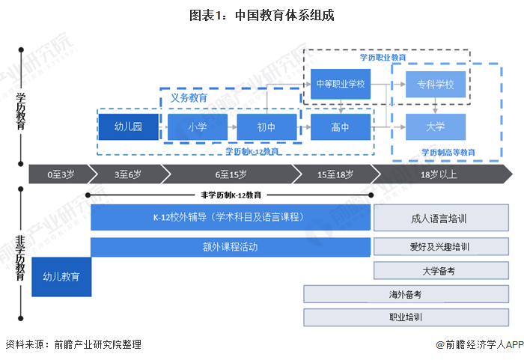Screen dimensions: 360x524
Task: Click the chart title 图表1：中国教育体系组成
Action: point(261,14)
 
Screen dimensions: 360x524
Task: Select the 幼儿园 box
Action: point(128,126)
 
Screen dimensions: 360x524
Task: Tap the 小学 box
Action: point(198,126)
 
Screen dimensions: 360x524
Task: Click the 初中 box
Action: point(266,126)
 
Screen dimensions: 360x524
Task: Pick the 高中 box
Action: point(341,126)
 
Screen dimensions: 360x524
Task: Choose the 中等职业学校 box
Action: point(341,84)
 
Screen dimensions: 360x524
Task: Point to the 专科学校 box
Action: point(435,84)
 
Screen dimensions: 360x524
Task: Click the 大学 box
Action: point(435,126)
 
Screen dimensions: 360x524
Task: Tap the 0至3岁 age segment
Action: point(61,174)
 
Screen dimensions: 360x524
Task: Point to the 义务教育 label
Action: point(189,97)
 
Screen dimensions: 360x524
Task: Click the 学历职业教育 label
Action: point(383,57)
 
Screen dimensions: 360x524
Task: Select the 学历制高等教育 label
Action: point(448,152)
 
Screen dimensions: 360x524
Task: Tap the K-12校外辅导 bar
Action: point(231,218)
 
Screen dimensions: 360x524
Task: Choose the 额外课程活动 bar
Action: point(231,247)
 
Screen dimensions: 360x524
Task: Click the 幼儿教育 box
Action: point(61,276)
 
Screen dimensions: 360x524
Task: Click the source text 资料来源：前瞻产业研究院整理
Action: point(73,344)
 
